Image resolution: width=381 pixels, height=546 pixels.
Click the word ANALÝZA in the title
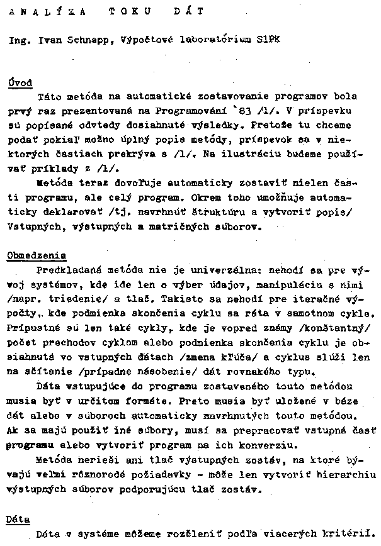(x=36, y=11)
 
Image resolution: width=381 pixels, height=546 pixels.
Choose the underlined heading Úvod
(x=20, y=82)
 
